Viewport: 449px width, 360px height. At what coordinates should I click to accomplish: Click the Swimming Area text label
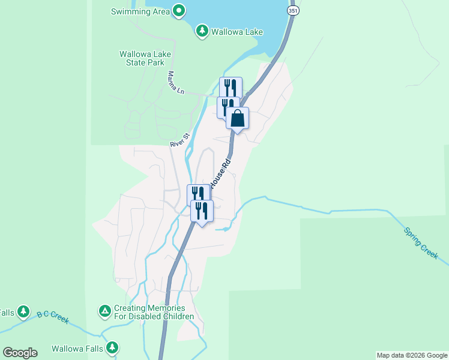(139, 11)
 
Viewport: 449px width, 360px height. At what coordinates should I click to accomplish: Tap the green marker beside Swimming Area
(178, 10)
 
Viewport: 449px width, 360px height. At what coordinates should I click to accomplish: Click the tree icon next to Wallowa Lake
(202, 31)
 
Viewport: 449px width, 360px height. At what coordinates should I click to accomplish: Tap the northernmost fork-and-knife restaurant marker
(231, 88)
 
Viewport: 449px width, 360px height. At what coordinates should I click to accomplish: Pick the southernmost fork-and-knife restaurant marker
(202, 211)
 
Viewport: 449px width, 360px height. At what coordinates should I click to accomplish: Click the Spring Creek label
(421, 242)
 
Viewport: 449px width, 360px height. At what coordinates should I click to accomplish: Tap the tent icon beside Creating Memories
(104, 311)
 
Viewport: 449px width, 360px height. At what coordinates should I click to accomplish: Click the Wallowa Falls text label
(76, 348)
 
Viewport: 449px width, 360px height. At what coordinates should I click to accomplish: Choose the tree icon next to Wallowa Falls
(112, 347)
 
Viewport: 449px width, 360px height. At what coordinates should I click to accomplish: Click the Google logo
(20, 353)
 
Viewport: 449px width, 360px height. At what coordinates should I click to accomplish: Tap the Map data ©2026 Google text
(412, 355)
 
